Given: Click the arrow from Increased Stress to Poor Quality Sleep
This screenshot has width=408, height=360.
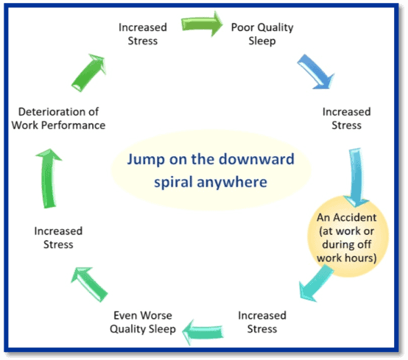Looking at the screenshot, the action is pos(202,24).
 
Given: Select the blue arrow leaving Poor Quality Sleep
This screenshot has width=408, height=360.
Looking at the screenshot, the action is pos(316,72).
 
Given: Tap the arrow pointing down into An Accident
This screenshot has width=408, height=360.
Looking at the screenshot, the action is pos(356,177).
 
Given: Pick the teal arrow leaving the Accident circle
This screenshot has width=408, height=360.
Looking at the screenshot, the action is pos(315,283).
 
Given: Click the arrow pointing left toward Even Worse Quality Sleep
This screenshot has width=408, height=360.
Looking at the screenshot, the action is pos(203,332).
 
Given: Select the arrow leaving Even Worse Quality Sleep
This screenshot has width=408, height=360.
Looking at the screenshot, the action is pos(89,284).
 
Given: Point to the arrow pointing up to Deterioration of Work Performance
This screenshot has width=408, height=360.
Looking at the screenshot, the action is pos(49,178).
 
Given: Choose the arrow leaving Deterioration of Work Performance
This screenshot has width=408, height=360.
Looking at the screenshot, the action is pos(88,73).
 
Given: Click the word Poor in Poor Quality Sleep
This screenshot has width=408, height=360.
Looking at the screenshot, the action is pos(242,27).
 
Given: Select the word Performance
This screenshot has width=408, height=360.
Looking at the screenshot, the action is pos(74,125).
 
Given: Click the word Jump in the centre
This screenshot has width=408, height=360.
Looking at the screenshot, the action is pos(146,159).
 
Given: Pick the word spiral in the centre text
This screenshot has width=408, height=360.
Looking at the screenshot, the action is pos(173,182).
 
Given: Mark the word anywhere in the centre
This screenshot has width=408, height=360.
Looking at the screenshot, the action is pos(232,182).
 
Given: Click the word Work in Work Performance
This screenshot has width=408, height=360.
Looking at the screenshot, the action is pos(25,125).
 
